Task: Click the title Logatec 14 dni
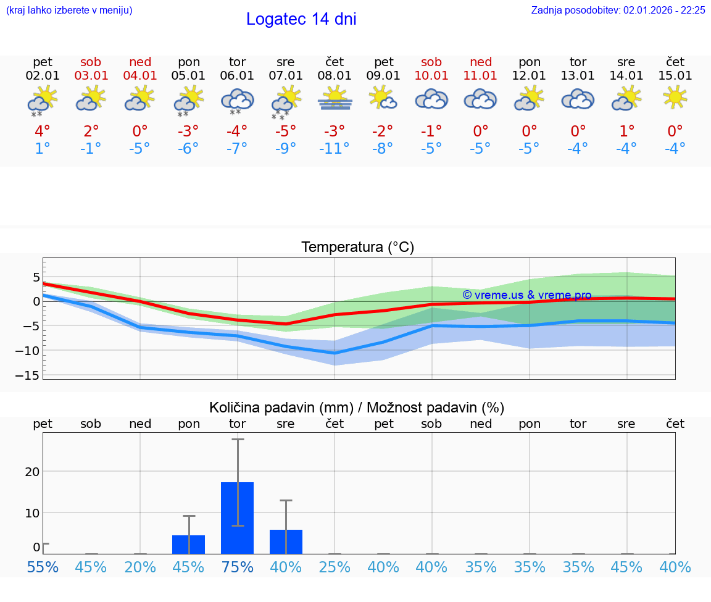301,19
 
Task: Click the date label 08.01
334,76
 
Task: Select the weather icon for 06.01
237,101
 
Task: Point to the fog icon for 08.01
335,99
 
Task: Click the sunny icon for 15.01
675,98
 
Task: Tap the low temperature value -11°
334,149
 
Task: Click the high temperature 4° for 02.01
43,132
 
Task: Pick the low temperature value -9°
285,149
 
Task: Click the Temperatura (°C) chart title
357,248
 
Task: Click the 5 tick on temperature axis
36,277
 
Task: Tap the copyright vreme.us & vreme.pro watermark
526,295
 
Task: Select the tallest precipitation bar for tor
237,518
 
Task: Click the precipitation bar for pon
188,545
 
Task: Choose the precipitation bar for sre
286,541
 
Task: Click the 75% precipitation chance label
237,567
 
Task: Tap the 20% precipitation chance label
140,567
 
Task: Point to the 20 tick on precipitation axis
32,472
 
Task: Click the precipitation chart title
357,408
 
